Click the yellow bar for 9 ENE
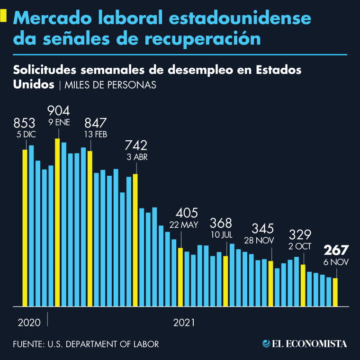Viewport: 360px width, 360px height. click(x=57, y=223)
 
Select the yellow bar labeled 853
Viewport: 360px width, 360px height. click(x=25, y=228)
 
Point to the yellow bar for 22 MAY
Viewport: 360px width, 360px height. click(x=180, y=277)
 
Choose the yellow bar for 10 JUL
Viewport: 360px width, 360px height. click(x=226, y=281)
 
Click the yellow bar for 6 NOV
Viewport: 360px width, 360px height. click(x=335, y=292)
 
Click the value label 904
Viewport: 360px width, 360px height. click(x=59, y=111)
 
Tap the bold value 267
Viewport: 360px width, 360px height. click(x=336, y=250)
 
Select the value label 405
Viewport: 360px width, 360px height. click(x=187, y=213)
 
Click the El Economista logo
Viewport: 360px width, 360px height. click(x=305, y=343)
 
